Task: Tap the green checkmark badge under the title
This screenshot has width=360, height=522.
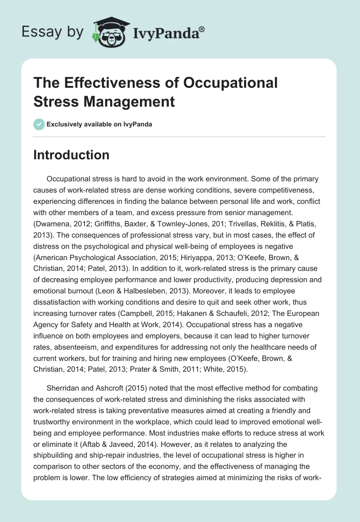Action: [x=39, y=124]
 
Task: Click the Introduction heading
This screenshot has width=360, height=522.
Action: [x=72, y=155]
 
